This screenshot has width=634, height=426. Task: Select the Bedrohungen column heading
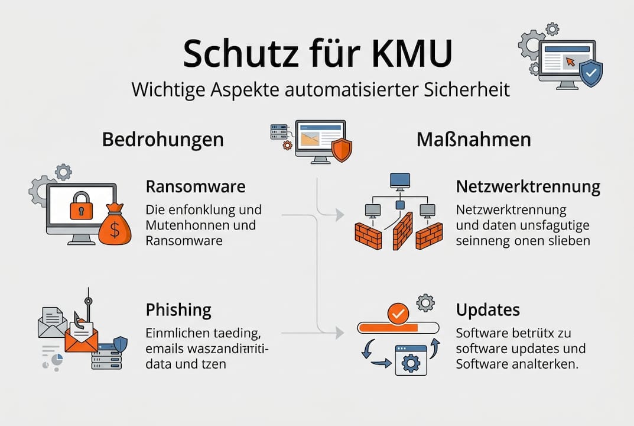point(163,140)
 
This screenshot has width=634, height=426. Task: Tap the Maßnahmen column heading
point(473,140)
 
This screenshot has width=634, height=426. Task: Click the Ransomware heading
point(196,187)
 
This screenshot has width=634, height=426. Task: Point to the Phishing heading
point(178,309)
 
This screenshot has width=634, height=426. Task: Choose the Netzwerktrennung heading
point(528,187)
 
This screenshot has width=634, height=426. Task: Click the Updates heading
point(488,309)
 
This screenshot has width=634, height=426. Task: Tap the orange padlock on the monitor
point(81,206)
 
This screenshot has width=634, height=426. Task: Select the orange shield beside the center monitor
point(342,150)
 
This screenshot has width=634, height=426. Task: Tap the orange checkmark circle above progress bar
point(399,313)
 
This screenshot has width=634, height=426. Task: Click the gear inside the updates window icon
point(409,363)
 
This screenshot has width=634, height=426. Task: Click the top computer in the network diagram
point(400,180)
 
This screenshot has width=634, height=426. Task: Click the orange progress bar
point(391,327)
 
